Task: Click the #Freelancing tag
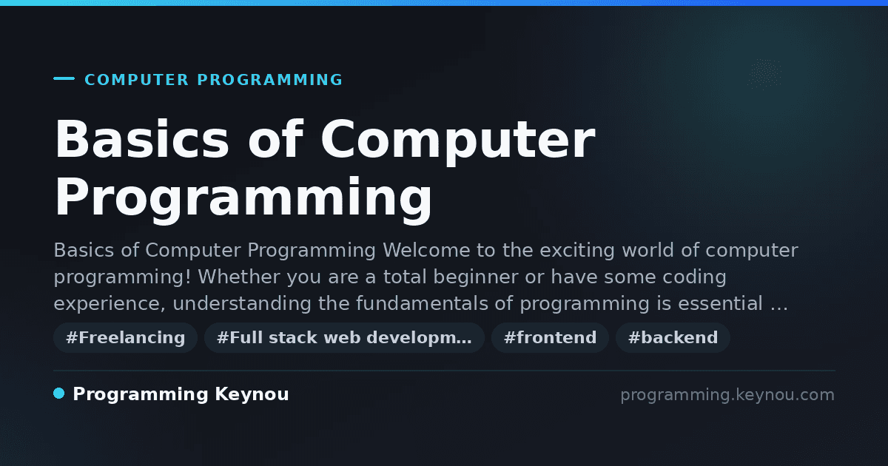pyautogui.click(x=125, y=337)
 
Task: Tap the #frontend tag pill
pyautogui.click(x=550, y=337)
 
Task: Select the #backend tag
pyautogui.click(x=673, y=337)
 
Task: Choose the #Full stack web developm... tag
pyautogui.click(x=344, y=337)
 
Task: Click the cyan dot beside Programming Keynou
pyautogui.click(x=59, y=394)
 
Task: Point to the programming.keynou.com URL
pyautogui.click(x=727, y=395)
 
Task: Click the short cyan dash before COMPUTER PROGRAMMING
pyautogui.click(x=64, y=78)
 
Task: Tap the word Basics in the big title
pyautogui.click(x=142, y=139)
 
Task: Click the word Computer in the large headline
pyautogui.click(x=458, y=141)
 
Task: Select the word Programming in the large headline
pyautogui.click(x=243, y=199)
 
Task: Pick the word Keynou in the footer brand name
pyautogui.click(x=252, y=395)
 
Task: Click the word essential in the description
pyautogui.click(x=720, y=303)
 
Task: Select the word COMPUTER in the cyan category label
pyautogui.click(x=137, y=80)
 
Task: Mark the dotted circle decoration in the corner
pyautogui.click(x=764, y=74)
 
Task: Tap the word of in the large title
pyautogui.click(x=275, y=139)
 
